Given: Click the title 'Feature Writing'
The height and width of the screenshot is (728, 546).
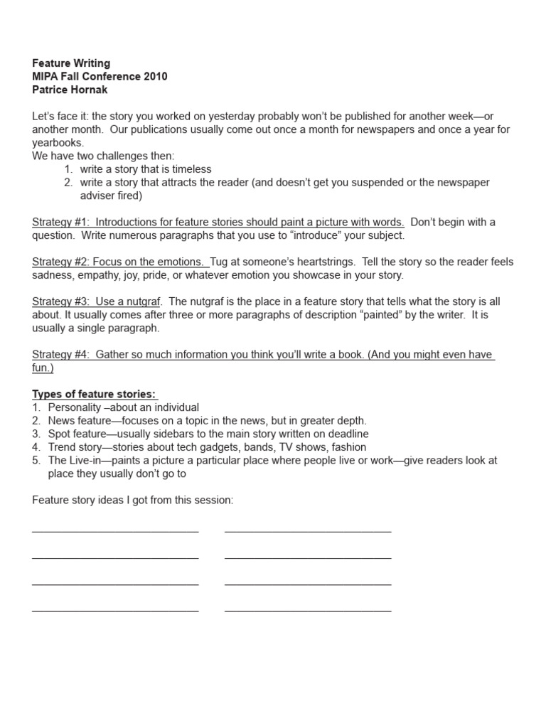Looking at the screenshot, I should (71, 63).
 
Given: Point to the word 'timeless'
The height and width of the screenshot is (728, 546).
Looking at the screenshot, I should (188, 169).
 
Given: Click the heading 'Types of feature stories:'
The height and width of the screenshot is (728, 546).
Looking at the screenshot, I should (95, 395).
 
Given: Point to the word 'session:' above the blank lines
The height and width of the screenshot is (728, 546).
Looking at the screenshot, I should (213, 500).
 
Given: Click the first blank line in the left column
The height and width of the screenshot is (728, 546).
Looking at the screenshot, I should (115, 530).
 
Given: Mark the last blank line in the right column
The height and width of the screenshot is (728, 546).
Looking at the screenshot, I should (307, 610).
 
